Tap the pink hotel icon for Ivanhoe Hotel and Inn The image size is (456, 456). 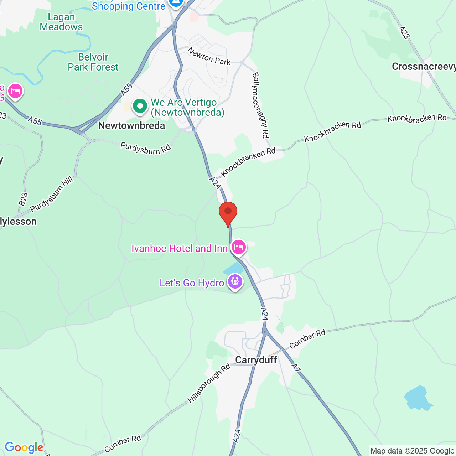pyautogui.click(x=239, y=247)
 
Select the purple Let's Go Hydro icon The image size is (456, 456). pyautogui.click(x=235, y=282)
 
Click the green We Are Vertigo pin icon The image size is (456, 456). pyautogui.click(x=140, y=106)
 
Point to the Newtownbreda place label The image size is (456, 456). pyautogui.click(x=131, y=126)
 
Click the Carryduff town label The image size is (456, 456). pyautogui.click(x=256, y=360)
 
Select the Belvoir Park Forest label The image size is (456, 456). pyautogui.click(x=93, y=62)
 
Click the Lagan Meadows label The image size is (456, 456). pyautogui.click(x=61, y=22)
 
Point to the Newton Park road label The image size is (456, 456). pyautogui.click(x=209, y=56)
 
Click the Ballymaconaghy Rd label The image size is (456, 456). pyautogui.click(x=260, y=105)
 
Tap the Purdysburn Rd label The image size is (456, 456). pyautogui.click(x=145, y=148)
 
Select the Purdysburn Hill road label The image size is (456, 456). pyautogui.click(x=52, y=194)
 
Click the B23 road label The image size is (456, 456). pyautogui.click(x=23, y=199)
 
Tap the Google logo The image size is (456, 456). pyautogui.click(x=24, y=447)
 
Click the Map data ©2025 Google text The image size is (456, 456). pyautogui.click(x=412, y=451)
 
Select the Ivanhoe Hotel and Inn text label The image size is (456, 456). pyautogui.click(x=179, y=248)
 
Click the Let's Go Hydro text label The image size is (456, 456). pyautogui.click(x=192, y=283)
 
